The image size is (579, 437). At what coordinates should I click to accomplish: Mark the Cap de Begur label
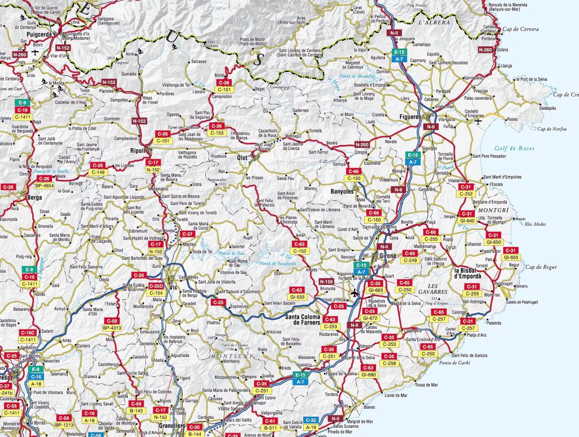pos(541,267)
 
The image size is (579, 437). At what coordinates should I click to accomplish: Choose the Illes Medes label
pos(536,224)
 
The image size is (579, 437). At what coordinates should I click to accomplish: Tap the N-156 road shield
pos(326,281)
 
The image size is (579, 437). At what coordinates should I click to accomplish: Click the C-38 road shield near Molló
pos(223,83)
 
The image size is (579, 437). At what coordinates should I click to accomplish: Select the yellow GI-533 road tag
pos(297,297)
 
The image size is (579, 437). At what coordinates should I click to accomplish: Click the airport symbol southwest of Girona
pos(355,293)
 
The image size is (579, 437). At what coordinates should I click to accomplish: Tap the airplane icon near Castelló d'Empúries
pos(479,121)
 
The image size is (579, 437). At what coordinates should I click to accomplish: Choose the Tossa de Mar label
pos(427,385)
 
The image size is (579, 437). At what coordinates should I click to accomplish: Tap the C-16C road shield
pos(27,332)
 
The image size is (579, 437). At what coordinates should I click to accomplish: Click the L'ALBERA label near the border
pos(434,22)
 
